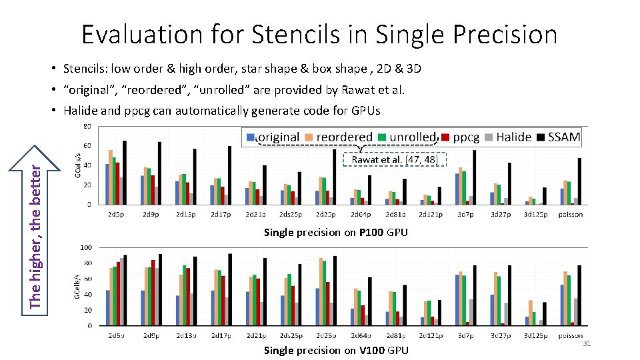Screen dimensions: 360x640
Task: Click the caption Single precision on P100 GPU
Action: coord(335,232)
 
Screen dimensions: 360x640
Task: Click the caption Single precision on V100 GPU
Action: coord(335,350)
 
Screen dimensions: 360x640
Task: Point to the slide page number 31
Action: coord(587,343)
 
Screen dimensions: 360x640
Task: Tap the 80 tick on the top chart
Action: coord(87,127)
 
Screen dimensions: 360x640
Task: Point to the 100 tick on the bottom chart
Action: coord(86,247)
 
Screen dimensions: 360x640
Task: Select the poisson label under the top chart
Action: coord(571,214)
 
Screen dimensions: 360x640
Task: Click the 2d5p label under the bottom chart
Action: coord(115,335)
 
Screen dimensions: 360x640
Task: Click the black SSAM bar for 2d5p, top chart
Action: coord(125,173)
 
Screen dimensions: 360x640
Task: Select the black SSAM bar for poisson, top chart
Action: coord(580,181)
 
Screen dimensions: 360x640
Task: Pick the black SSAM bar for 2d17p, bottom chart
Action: coord(230,290)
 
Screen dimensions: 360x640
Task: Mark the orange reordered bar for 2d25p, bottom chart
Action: coord(321,291)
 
